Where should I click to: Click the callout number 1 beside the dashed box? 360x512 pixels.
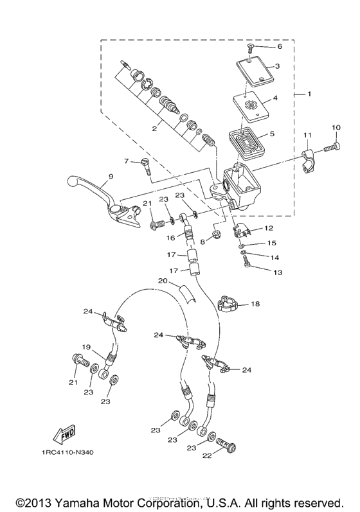pyautogui.click(x=309, y=95)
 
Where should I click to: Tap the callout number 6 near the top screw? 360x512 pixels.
pyautogui.click(x=279, y=47)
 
